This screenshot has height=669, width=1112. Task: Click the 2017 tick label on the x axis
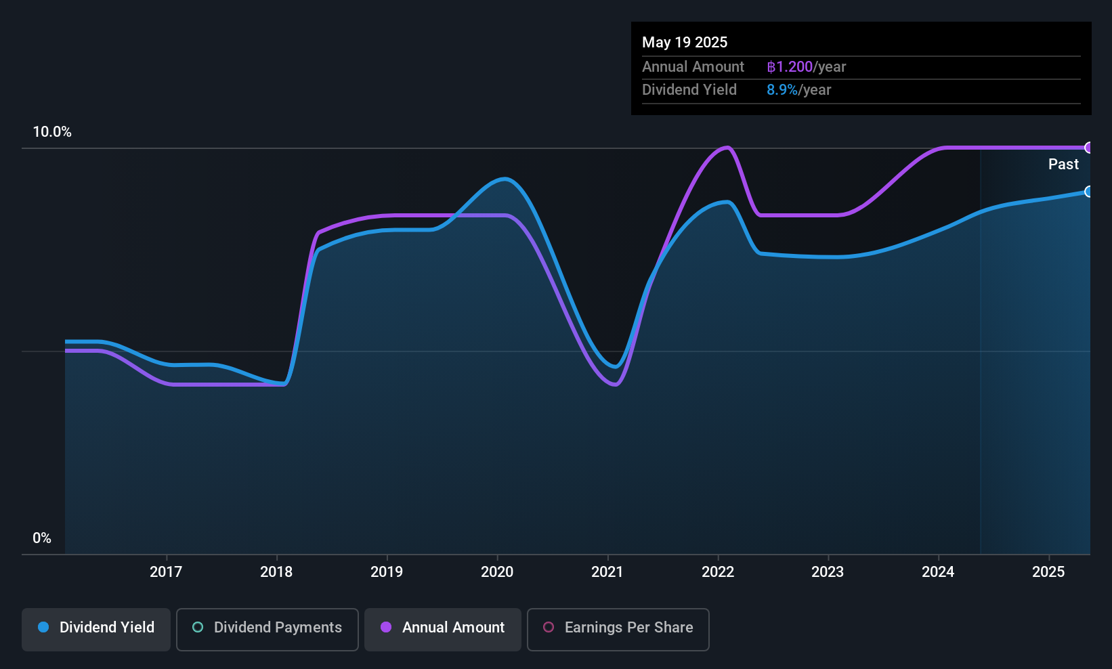(166, 571)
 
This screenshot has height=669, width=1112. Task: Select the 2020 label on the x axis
(497, 571)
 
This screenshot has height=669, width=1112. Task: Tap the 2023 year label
(828, 571)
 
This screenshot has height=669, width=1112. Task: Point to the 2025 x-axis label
(1048, 571)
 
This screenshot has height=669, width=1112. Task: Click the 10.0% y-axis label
(52, 132)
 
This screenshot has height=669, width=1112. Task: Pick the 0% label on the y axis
(42, 538)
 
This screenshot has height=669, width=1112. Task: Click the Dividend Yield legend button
(96, 628)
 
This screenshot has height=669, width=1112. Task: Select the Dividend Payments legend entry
(268, 628)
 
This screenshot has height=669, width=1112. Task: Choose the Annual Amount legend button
(443, 628)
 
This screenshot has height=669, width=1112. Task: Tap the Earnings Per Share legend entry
(618, 628)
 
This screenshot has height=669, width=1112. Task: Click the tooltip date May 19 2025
(685, 42)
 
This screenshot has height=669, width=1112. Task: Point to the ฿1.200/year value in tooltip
(806, 66)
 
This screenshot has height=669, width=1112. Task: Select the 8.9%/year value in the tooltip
(798, 89)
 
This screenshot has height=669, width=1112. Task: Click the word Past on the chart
(1063, 164)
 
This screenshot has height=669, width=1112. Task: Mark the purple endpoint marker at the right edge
(1089, 148)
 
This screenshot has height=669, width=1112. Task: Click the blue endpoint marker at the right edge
(1089, 192)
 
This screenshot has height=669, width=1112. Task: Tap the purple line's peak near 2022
(727, 147)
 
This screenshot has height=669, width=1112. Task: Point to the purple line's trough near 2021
(614, 385)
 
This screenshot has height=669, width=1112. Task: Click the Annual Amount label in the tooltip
(693, 66)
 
